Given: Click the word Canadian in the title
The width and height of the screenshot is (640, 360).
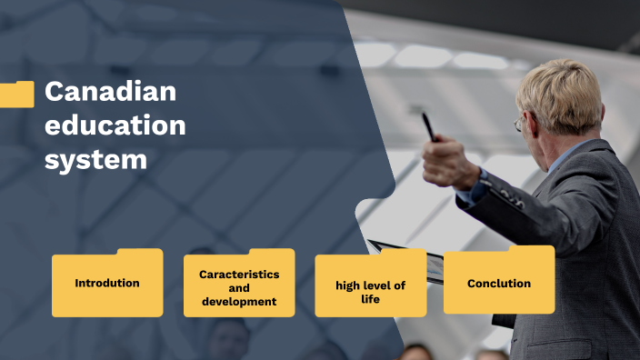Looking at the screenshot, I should (110, 93).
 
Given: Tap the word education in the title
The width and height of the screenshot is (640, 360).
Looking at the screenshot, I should (115, 125).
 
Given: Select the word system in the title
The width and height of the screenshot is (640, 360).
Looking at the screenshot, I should (95, 160).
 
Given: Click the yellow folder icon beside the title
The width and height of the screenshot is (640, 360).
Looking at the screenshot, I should (16, 94).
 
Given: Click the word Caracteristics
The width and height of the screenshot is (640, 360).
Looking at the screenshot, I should (239, 274).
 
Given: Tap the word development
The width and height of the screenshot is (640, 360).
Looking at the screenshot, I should (239, 301).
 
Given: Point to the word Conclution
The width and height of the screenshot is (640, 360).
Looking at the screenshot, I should (499, 284).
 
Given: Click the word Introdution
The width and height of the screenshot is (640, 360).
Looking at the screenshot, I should (107, 283).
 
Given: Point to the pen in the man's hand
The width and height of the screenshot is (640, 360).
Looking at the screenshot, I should (428, 125).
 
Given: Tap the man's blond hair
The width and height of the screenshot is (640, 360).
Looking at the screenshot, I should (559, 91).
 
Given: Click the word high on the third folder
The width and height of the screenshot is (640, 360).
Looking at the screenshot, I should (348, 285).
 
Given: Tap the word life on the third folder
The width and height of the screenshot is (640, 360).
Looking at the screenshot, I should (370, 299).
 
